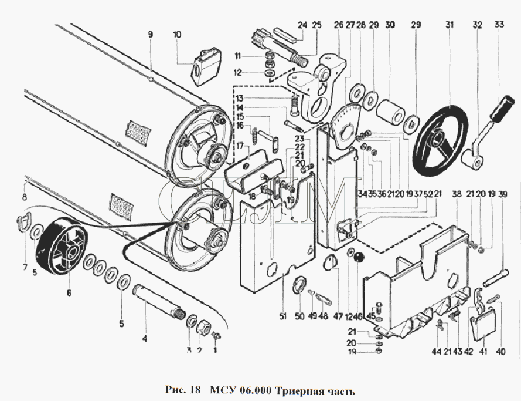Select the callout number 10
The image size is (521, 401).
(x=177, y=35)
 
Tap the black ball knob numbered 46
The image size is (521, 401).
(x=359, y=258)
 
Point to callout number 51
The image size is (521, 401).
(x=282, y=316)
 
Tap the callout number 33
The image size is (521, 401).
(x=499, y=24)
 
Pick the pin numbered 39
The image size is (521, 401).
(x=495, y=278)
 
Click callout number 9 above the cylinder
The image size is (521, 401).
(x=151, y=34)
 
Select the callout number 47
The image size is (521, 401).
(x=338, y=316)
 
